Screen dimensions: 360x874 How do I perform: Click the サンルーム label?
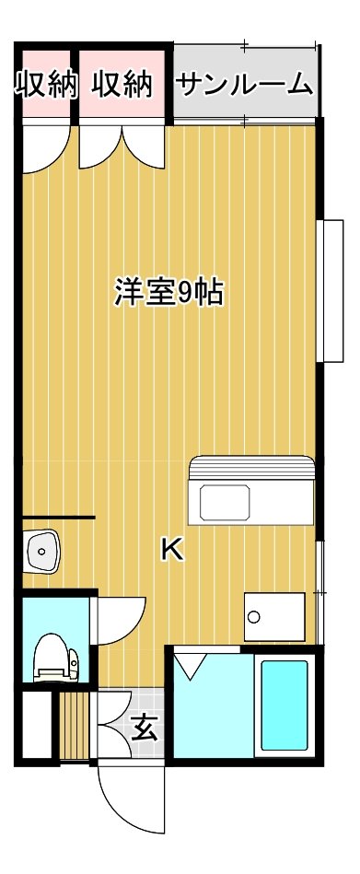point(243,85)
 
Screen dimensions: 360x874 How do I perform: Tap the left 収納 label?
point(44,85)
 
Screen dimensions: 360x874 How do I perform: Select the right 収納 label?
point(122,85)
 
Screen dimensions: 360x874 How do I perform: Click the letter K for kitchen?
point(172,550)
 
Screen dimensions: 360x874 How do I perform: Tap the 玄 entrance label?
point(145,728)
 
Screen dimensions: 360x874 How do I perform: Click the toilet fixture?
point(56,658)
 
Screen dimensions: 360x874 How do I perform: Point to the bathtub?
point(285,705)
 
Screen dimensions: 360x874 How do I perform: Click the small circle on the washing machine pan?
point(254,616)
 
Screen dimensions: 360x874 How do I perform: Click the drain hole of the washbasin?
point(41,551)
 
